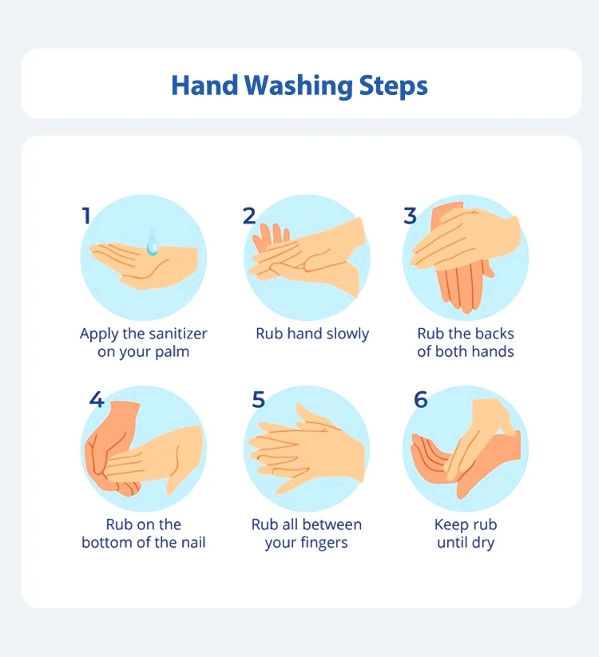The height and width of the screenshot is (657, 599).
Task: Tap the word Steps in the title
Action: click(x=391, y=85)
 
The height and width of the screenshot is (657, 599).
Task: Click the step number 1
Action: click(x=86, y=216)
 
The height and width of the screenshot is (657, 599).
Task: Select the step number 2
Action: click(x=249, y=216)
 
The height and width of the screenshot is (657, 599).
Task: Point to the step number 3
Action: click(x=411, y=216)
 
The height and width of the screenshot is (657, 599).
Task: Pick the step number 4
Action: click(x=97, y=399)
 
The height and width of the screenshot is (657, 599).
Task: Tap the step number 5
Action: click(x=258, y=399)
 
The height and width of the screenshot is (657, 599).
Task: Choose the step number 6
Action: click(x=421, y=399)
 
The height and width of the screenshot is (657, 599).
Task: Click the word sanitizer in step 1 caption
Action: click(x=173, y=334)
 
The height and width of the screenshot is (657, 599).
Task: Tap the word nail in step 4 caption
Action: click(x=192, y=543)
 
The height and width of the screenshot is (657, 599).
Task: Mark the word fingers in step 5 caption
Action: click(x=323, y=544)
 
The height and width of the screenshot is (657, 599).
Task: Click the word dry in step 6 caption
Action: click(x=482, y=544)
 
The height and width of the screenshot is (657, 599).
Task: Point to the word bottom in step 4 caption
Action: click(x=107, y=543)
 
